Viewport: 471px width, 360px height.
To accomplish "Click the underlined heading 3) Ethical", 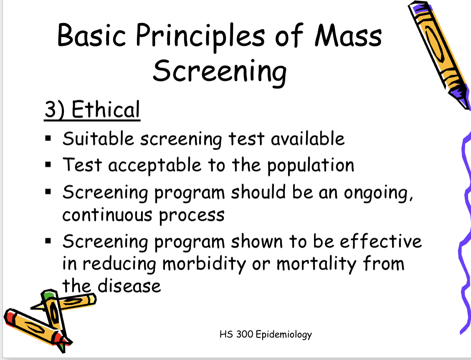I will pyautogui.click(x=92, y=110).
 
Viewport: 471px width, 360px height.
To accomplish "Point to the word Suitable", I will pyautogui.click(x=98, y=139).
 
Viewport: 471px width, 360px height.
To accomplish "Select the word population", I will pyautogui.click(x=310, y=166).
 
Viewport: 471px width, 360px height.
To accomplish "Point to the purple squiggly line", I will pyautogui.click(x=464, y=234).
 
